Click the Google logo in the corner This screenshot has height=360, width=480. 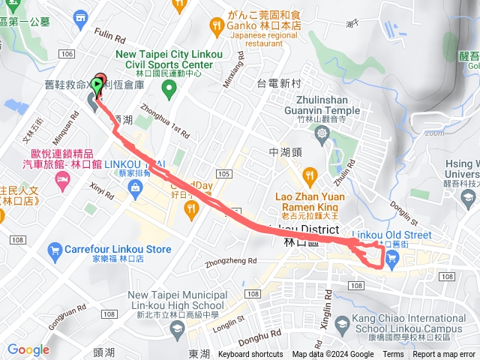tap(28, 349)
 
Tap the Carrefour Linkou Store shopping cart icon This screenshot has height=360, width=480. tap(54, 249)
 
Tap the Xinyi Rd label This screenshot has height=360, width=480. tap(100, 193)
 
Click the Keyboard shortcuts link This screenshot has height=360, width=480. tap(250, 354)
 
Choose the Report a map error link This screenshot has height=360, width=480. tap(444, 354)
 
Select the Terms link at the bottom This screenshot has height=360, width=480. tap(393, 354)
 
